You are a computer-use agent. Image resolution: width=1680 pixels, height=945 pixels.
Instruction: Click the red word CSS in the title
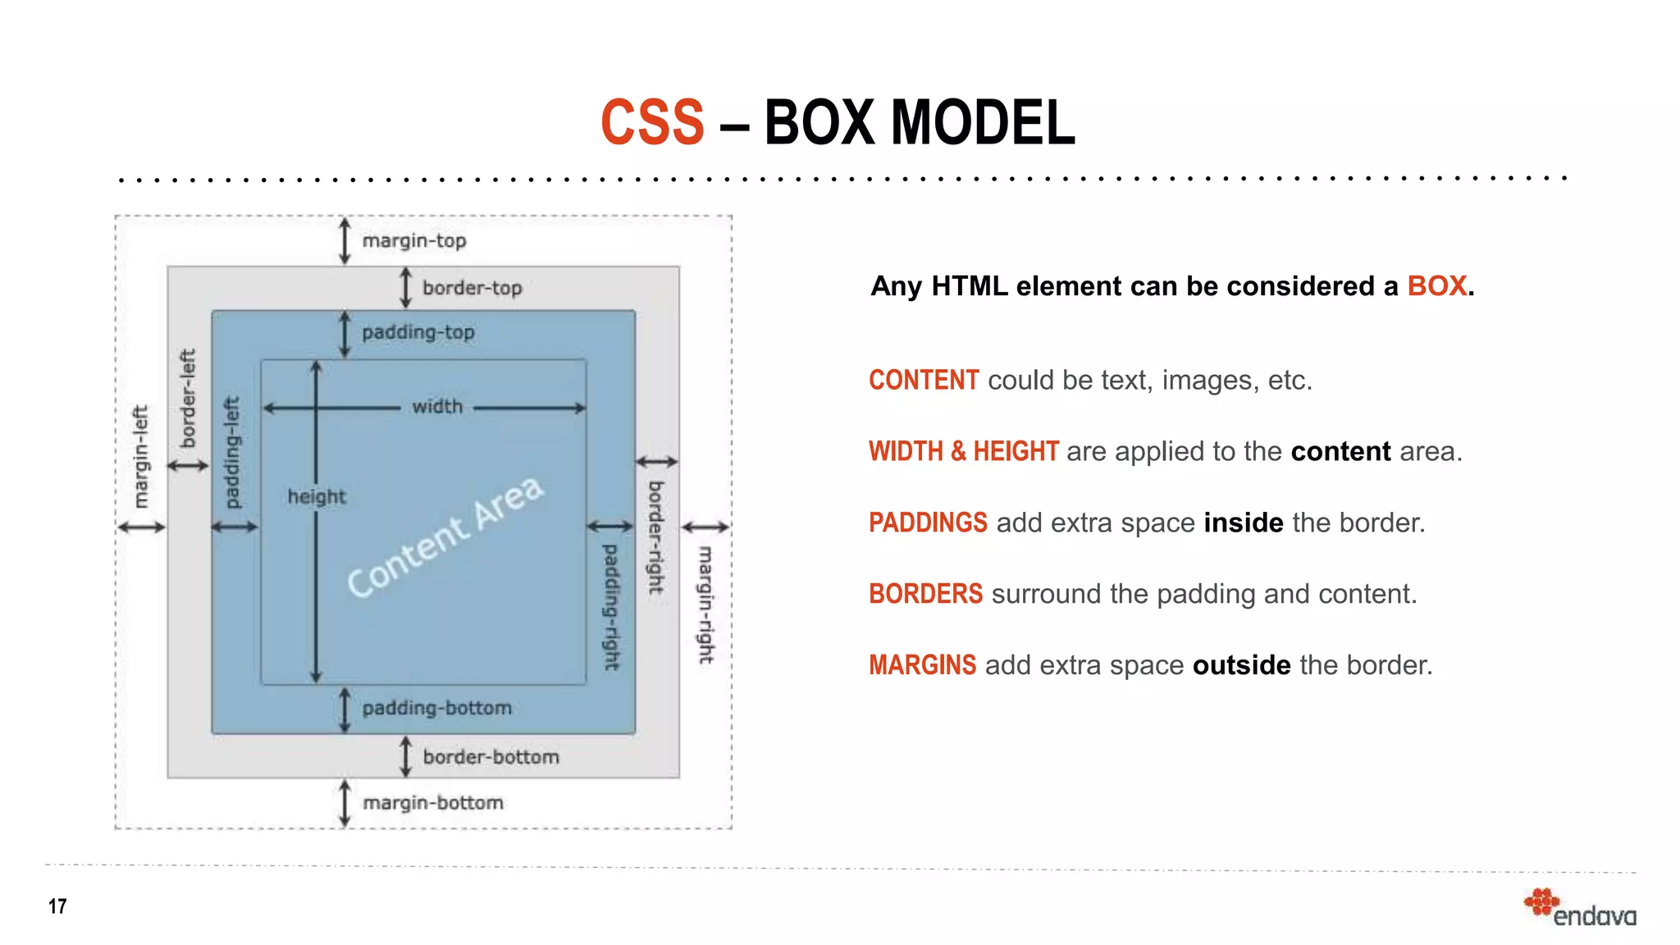click(x=652, y=123)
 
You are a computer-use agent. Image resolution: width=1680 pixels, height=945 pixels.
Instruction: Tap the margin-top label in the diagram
click(x=414, y=241)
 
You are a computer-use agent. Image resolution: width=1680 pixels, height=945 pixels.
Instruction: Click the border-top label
click(x=472, y=288)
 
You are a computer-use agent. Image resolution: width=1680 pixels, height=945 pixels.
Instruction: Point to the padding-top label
click(x=418, y=332)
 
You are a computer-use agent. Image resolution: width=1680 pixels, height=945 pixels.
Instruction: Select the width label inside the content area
click(x=437, y=407)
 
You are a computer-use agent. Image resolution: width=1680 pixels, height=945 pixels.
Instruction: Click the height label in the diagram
click(x=317, y=496)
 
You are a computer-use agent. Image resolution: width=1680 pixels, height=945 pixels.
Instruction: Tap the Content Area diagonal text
click(x=445, y=536)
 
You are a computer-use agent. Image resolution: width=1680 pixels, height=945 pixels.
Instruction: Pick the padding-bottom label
click(x=436, y=708)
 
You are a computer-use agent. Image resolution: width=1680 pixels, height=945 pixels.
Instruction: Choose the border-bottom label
click(x=491, y=756)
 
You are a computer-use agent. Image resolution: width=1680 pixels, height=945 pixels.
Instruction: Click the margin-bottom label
click(x=433, y=802)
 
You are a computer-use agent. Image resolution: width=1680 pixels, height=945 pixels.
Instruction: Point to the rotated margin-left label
click(x=142, y=456)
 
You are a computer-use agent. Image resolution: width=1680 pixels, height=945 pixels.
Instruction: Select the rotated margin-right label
click(x=705, y=605)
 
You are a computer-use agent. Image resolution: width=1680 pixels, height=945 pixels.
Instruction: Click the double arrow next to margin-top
click(x=345, y=241)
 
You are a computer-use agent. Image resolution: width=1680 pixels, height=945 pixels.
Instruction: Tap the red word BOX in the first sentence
click(x=1436, y=286)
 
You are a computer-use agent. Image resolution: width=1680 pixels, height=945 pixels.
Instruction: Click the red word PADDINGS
click(x=928, y=523)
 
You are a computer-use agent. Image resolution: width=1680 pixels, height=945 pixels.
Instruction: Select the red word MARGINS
click(x=922, y=664)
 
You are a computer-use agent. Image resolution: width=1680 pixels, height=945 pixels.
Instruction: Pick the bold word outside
click(x=1241, y=664)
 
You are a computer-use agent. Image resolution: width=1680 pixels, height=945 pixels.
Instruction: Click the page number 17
click(x=57, y=906)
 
